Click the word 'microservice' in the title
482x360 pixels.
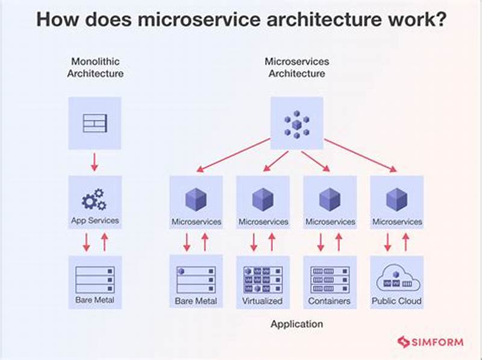[x=196, y=19]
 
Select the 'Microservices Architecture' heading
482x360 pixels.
[x=296, y=67]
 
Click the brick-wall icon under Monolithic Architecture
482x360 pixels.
[x=95, y=123]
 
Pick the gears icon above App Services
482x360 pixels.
[x=93, y=198]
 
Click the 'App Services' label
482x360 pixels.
[x=95, y=221]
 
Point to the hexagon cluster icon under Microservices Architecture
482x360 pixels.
[x=296, y=124]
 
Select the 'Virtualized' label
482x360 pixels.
[x=263, y=300]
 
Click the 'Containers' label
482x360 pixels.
[x=330, y=300]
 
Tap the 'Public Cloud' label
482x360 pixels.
[x=396, y=300]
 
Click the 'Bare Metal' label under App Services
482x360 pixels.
[x=95, y=300]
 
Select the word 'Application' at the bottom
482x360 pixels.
[x=296, y=324]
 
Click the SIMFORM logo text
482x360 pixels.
[x=437, y=342]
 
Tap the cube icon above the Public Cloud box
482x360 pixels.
[x=396, y=199]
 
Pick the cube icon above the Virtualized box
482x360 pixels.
[x=263, y=199]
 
